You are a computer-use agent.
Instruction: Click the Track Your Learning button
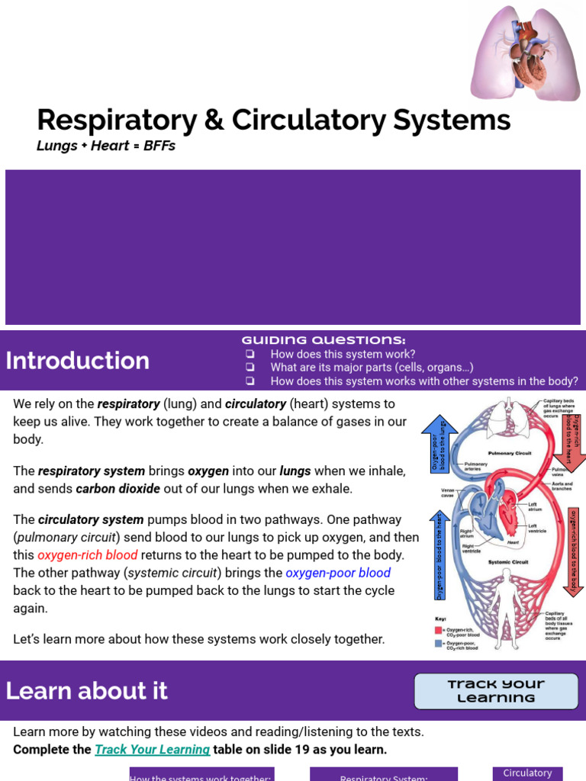[496, 691]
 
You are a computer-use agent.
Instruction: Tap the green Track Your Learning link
[152, 749]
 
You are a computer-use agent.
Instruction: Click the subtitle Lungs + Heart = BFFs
[106, 146]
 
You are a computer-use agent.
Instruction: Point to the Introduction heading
[77, 361]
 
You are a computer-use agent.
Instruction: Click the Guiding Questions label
[324, 340]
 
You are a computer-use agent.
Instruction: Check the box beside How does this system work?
[250, 355]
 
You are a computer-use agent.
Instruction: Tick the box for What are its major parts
[250, 368]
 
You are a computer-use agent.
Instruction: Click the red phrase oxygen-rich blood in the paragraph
[88, 555]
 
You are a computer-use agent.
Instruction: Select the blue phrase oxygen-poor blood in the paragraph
[338, 573]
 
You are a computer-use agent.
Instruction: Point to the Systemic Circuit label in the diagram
[508, 562]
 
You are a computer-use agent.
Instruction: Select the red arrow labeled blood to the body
[573, 551]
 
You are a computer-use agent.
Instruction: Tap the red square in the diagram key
[439, 630]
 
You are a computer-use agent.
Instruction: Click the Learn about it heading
[86, 690]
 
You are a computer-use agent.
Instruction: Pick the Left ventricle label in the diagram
[538, 528]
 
